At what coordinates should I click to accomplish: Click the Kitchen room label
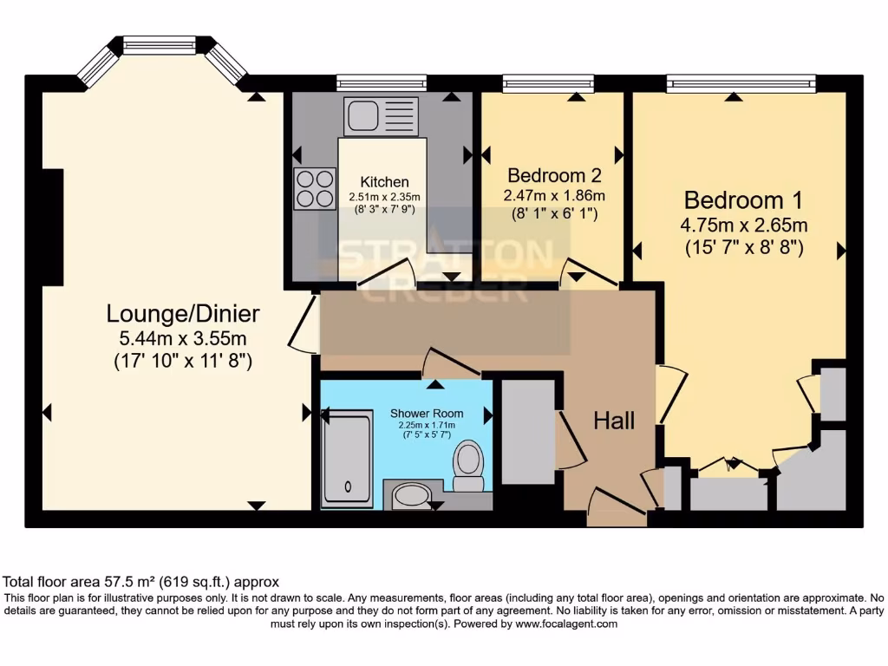(x=384, y=182)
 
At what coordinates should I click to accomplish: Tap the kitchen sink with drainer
(x=381, y=117)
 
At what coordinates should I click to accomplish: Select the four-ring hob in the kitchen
(x=315, y=188)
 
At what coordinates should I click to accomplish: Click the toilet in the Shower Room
(x=468, y=466)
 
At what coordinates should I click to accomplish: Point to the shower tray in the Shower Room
(x=347, y=458)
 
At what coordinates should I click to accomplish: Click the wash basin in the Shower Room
(x=410, y=496)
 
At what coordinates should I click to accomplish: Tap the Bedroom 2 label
(x=554, y=173)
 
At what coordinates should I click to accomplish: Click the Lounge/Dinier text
(x=183, y=313)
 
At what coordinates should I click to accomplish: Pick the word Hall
(x=614, y=421)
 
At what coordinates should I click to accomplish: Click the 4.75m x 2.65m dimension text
(x=745, y=225)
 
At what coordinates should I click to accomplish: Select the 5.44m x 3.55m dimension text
(x=183, y=337)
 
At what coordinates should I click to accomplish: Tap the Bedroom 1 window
(x=741, y=84)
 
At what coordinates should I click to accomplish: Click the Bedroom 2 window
(x=548, y=84)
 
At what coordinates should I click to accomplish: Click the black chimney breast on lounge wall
(x=53, y=227)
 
